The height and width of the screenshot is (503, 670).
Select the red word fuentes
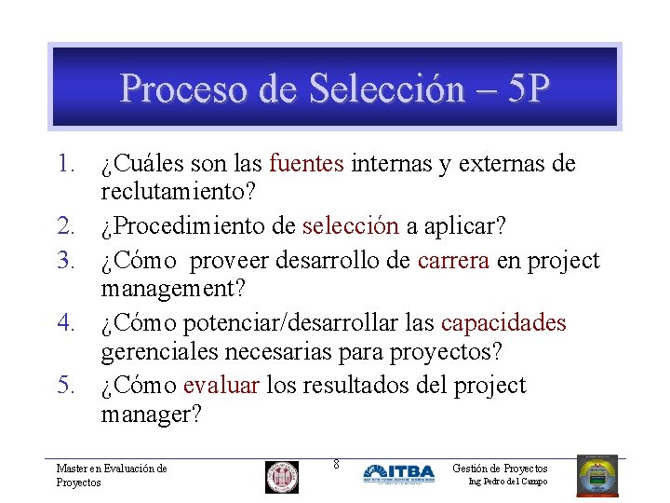coord(307,165)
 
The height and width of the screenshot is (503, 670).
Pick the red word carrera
coord(454,261)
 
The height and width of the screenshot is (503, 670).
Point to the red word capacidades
coord(503,323)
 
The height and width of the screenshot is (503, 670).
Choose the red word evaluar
coord(221,385)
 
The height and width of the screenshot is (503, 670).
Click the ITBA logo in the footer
coord(398,473)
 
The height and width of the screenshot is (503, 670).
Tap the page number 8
coord(336,464)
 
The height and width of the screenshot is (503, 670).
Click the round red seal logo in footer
coord(282,477)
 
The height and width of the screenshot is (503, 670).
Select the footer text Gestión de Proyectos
coord(500,469)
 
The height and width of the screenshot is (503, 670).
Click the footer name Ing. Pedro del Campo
coord(508,482)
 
